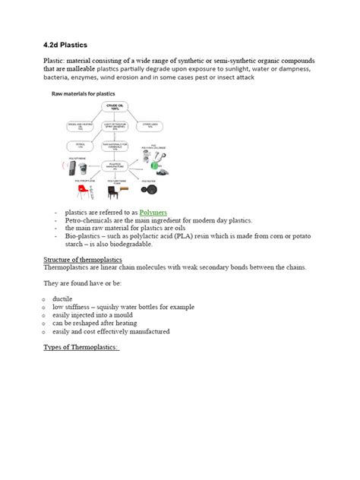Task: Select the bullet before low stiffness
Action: tap(47, 307)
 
